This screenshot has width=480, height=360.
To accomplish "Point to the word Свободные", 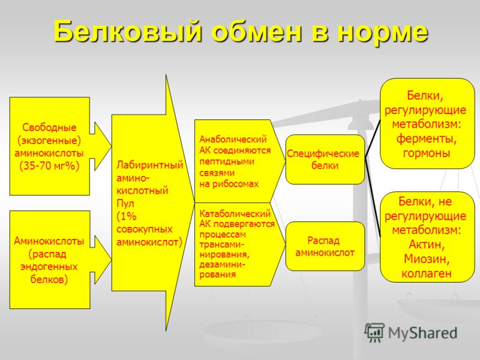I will click(x=50, y=128).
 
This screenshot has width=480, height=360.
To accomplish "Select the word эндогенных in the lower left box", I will click(x=49, y=266).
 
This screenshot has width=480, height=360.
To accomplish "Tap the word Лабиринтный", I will click(x=149, y=165).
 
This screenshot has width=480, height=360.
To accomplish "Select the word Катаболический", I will click(x=235, y=212).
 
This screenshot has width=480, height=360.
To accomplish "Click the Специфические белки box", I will click(x=325, y=160).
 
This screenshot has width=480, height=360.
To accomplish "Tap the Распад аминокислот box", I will click(x=325, y=246).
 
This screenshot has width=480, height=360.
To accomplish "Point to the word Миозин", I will click(x=427, y=259).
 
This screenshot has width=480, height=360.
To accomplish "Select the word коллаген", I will click(x=427, y=274).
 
